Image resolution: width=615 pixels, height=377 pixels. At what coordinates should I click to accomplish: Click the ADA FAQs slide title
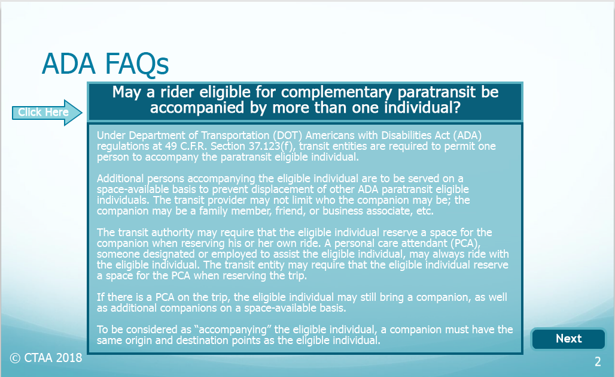[x=105, y=64]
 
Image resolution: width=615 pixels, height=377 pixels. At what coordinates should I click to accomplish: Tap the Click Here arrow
[x=47, y=113]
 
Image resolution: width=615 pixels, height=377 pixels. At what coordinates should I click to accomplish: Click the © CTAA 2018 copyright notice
[x=46, y=358]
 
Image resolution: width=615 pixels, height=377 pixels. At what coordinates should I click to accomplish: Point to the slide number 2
[x=598, y=361]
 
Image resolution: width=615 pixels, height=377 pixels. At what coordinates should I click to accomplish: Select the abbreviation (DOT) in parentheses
[x=288, y=135]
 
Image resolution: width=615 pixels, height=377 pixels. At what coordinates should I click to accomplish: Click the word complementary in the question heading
[x=337, y=92]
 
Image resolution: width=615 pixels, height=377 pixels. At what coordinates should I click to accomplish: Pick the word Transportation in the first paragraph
[x=235, y=135]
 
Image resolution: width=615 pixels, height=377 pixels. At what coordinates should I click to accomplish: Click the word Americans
[x=330, y=135]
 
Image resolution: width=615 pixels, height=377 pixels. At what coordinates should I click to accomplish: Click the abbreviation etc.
[x=425, y=211]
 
